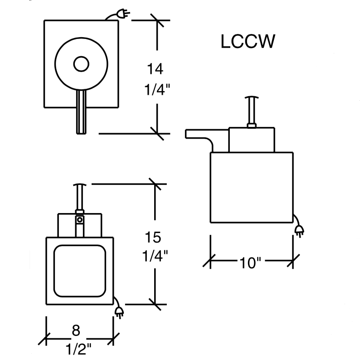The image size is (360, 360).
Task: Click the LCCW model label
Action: pos(248,42)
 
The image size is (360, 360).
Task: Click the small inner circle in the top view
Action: pos(81,64)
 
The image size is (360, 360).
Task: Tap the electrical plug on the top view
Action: pos(123,14)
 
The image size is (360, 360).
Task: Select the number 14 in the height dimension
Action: pos(155,68)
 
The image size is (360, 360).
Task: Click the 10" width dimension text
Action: pos(250,263)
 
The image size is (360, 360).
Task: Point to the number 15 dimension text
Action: pos(153,237)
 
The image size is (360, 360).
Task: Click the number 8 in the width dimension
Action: pos(76,331)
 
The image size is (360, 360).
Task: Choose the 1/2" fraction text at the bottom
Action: pos(78,349)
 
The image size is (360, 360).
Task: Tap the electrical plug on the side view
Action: pos(299,231)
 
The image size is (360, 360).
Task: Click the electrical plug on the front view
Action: pos(119,312)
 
